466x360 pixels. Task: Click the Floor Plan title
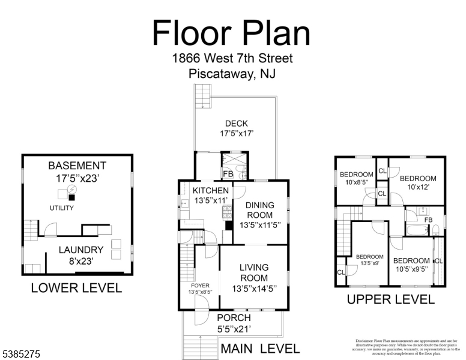[231, 33]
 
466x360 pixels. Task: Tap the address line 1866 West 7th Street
[232, 59]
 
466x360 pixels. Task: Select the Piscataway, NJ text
[232, 74]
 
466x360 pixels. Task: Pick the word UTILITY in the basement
[62, 208]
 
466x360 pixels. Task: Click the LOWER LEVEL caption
[76, 289]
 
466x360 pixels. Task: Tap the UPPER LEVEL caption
[390, 299]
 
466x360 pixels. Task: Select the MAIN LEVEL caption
[260, 348]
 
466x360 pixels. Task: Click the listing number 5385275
[20, 355]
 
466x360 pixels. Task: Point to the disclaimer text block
[406, 347]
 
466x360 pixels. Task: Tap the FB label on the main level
[228, 175]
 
